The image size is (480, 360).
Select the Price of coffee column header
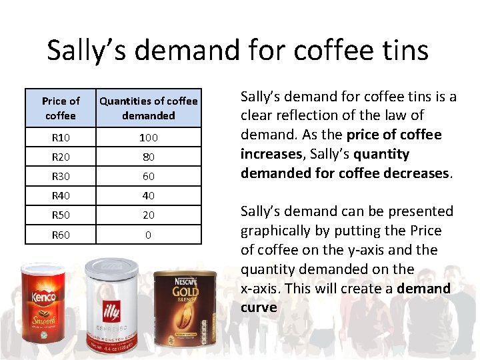click(x=61, y=108)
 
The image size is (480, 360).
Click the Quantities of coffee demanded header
click(x=149, y=108)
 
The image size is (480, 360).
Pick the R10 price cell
click(x=61, y=137)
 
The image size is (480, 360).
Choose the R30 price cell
click(x=61, y=176)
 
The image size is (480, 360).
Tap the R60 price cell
click(x=61, y=235)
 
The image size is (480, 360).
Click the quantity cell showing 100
click(x=149, y=137)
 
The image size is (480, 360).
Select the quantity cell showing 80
click(x=149, y=157)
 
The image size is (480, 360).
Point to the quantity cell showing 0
click(x=149, y=235)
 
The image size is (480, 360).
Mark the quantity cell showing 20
click(x=149, y=215)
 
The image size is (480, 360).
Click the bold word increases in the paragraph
click(x=270, y=154)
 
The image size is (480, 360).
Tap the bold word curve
click(x=259, y=307)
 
